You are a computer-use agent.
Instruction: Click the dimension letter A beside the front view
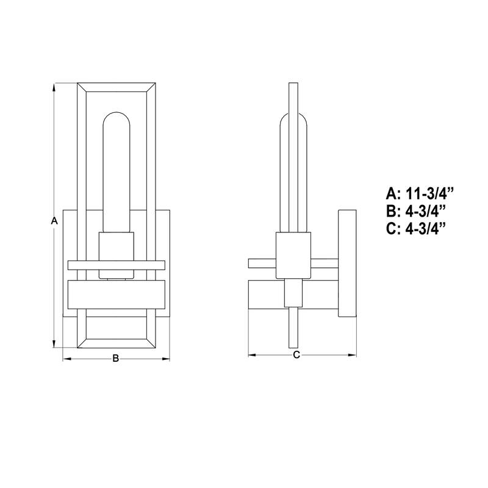pyautogui.click(x=54, y=221)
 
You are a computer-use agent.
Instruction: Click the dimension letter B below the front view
pyautogui.click(x=115, y=359)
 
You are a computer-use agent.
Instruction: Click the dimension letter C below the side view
pyautogui.click(x=296, y=355)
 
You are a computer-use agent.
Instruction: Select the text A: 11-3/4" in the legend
pyautogui.click(x=420, y=195)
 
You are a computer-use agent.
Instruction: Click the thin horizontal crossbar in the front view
pyautogui.click(x=116, y=265)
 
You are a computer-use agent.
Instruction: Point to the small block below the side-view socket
pyautogui.click(x=293, y=293)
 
